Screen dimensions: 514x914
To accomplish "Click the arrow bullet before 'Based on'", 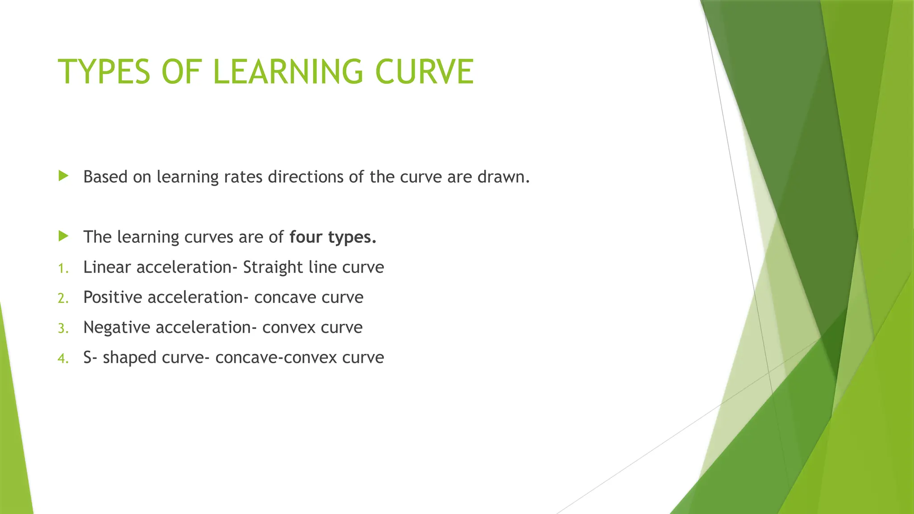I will pyautogui.click(x=63, y=176).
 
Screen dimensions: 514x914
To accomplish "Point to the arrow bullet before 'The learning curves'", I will pyautogui.click(x=63, y=236).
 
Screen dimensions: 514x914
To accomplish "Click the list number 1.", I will pyautogui.click(x=63, y=268).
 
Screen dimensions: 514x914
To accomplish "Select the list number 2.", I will pyautogui.click(x=63, y=298).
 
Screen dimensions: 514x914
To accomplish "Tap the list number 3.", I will pyautogui.click(x=63, y=328).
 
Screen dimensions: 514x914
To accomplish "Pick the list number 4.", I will pyautogui.click(x=63, y=358).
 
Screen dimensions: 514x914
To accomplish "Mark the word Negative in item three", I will pyautogui.click(x=116, y=327).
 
